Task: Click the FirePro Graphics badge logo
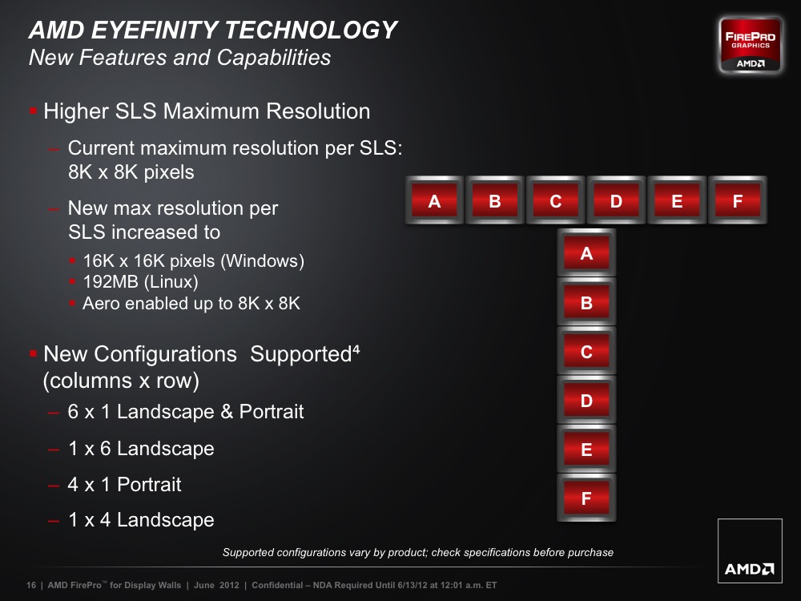750,46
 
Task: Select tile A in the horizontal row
434,200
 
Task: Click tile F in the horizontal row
738,200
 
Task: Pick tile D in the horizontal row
616,200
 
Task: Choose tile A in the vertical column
586,253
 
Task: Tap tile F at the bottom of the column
586,498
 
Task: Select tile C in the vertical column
586,351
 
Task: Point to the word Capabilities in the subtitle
274,58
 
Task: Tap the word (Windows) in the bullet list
263,261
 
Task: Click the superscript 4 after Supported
356,349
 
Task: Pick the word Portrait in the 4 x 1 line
149,485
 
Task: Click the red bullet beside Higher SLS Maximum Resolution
33,111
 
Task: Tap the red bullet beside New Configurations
33,353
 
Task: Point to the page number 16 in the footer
31,585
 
